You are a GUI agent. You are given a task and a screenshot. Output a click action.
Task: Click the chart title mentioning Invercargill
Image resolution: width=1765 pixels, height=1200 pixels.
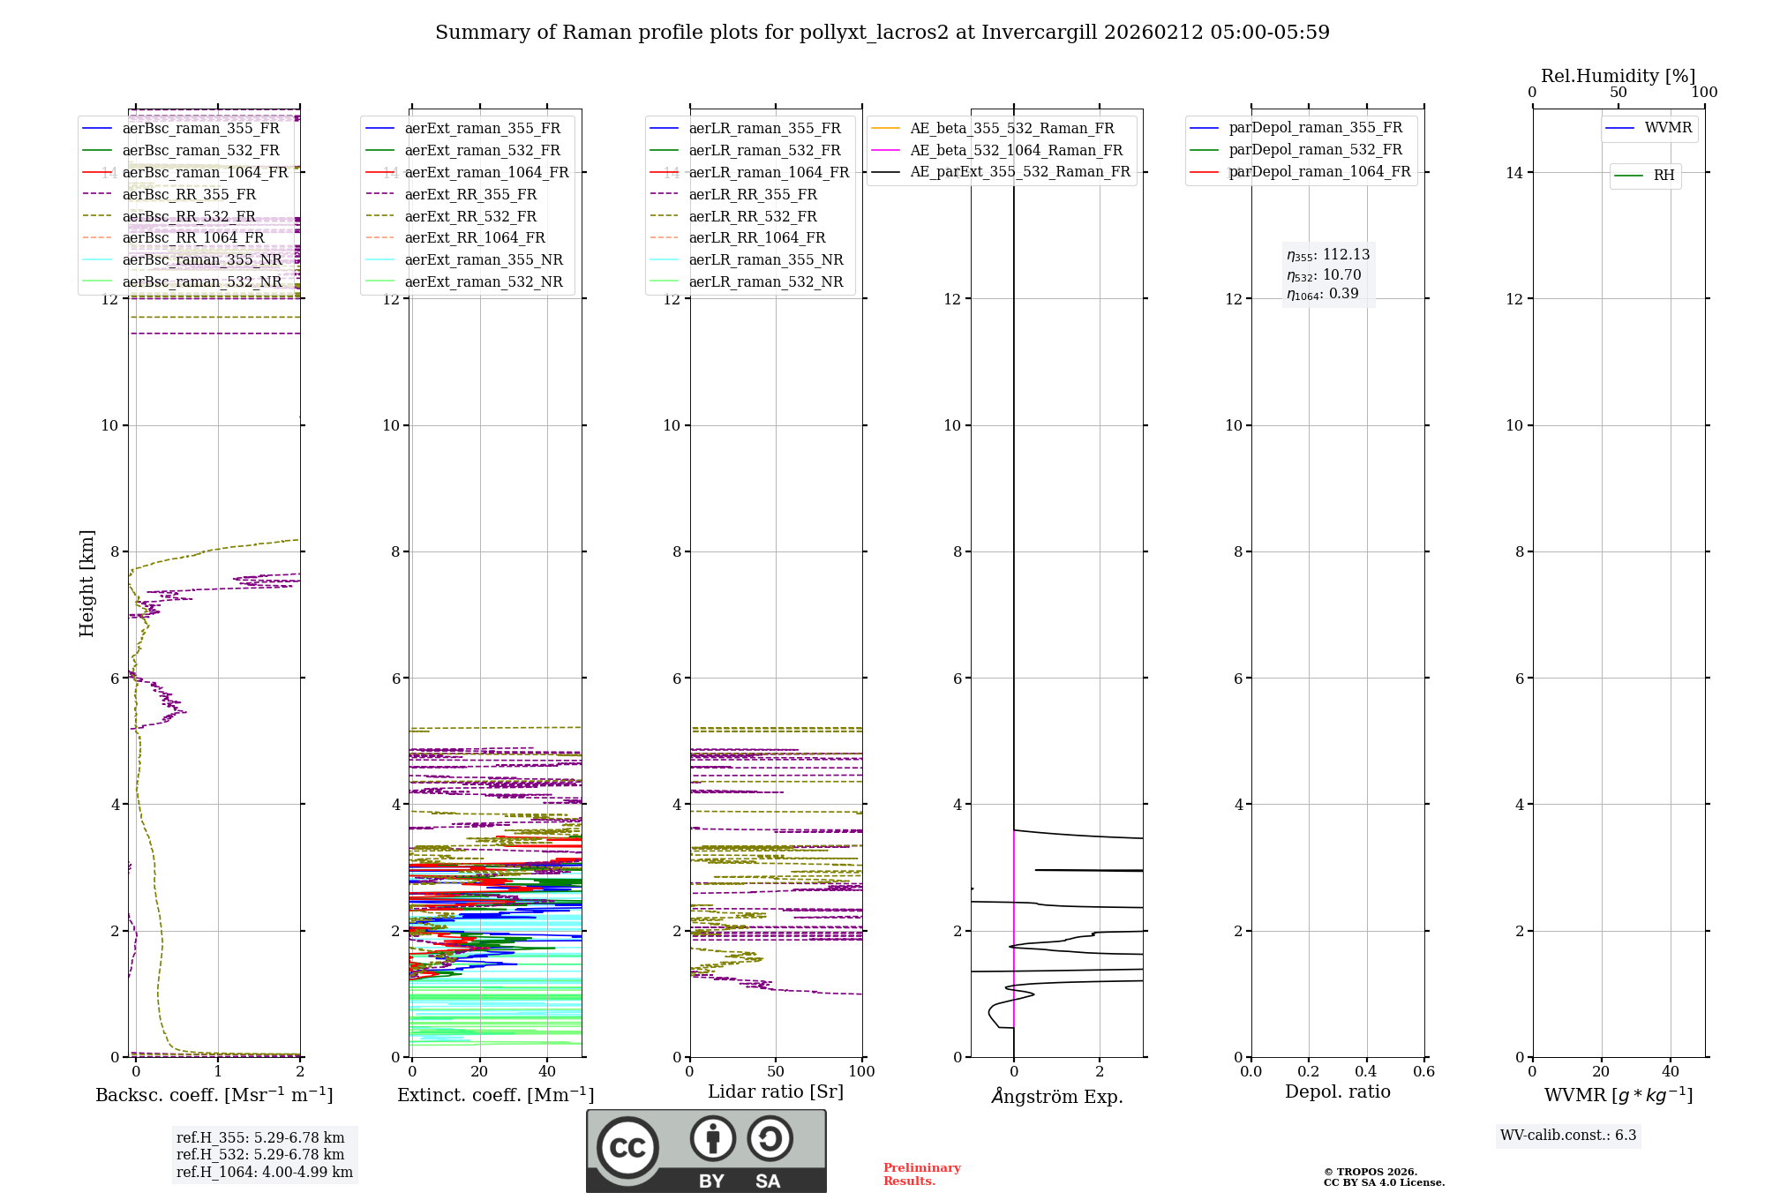(x=882, y=33)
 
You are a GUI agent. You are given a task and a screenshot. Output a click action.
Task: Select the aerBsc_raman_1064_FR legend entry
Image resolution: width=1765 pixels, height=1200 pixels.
(x=205, y=172)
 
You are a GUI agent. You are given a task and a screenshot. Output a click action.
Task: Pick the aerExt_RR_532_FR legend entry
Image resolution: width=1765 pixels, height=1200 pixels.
(x=469, y=216)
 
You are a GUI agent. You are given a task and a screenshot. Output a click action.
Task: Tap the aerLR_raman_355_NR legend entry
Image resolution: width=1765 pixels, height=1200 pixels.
(x=765, y=259)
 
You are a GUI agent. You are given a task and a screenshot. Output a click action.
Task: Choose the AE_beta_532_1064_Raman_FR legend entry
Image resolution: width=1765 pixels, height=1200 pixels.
(x=1016, y=150)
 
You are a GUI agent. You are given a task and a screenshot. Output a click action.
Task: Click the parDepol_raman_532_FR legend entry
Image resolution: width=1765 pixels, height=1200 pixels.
(x=1315, y=149)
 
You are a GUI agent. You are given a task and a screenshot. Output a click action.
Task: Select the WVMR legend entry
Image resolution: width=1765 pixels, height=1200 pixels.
(x=1667, y=128)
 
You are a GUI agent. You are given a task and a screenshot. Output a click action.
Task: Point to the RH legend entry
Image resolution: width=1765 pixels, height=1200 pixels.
(x=1664, y=176)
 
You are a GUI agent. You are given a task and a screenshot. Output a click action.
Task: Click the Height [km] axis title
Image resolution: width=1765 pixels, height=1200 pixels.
(x=86, y=582)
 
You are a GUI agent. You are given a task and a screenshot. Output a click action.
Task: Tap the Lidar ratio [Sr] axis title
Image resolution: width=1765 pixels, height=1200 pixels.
(x=776, y=1091)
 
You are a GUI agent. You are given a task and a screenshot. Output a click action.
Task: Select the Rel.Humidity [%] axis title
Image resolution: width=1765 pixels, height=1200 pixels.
(x=1618, y=76)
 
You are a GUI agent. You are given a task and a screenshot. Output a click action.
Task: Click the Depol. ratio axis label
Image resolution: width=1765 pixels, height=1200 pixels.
(x=1337, y=1091)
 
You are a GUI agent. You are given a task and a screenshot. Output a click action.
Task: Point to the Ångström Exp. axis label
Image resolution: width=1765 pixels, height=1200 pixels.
(x=1056, y=1096)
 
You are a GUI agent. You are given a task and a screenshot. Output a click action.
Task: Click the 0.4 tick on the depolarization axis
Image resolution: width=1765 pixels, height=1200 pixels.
(x=1366, y=1071)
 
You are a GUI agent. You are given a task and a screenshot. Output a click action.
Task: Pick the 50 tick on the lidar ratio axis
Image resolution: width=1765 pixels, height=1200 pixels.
(x=776, y=1071)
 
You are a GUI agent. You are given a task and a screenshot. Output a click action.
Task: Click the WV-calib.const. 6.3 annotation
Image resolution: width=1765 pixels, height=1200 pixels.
(x=1567, y=1135)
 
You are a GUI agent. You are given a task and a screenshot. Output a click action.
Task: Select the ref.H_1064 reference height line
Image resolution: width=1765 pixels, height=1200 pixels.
(x=264, y=1172)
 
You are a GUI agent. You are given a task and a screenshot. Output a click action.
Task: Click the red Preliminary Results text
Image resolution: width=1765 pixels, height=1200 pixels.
(x=921, y=1174)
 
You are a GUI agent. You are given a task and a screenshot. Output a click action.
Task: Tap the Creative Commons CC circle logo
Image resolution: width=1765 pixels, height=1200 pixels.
(x=627, y=1147)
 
